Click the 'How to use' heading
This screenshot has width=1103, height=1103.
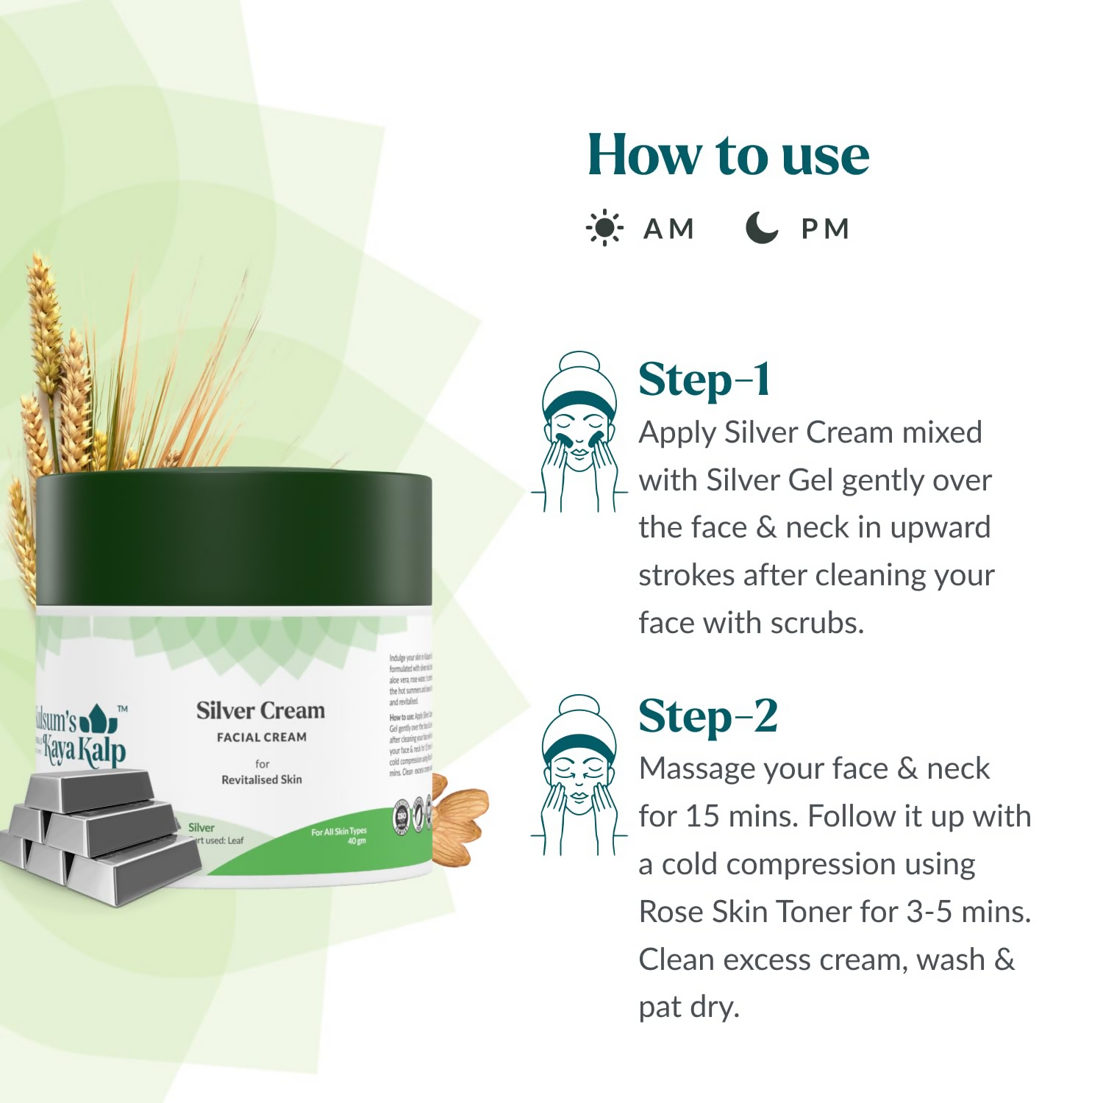pyautogui.click(x=728, y=155)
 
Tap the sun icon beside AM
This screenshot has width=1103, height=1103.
pyautogui.click(x=604, y=229)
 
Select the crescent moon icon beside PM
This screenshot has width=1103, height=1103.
pyautogui.click(x=761, y=228)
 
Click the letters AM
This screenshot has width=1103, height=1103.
pyautogui.click(x=668, y=229)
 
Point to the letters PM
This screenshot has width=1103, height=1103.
pyautogui.click(x=825, y=229)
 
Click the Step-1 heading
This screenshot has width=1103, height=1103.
pyautogui.click(x=704, y=380)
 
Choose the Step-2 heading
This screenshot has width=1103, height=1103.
pyautogui.click(x=707, y=716)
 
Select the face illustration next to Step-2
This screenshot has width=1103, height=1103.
pyautogui.click(x=579, y=776)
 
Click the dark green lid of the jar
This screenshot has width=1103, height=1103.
pyautogui.click(x=234, y=540)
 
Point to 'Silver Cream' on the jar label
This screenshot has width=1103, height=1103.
pyautogui.click(x=260, y=711)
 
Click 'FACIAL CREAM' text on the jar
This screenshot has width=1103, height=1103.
pyautogui.click(x=262, y=738)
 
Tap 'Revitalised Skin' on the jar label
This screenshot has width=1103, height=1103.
pyautogui.click(x=262, y=779)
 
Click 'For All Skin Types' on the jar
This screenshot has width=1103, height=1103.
pyautogui.click(x=338, y=832)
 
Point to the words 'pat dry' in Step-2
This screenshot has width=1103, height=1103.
pyautogui.click(x=688, y=1007)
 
